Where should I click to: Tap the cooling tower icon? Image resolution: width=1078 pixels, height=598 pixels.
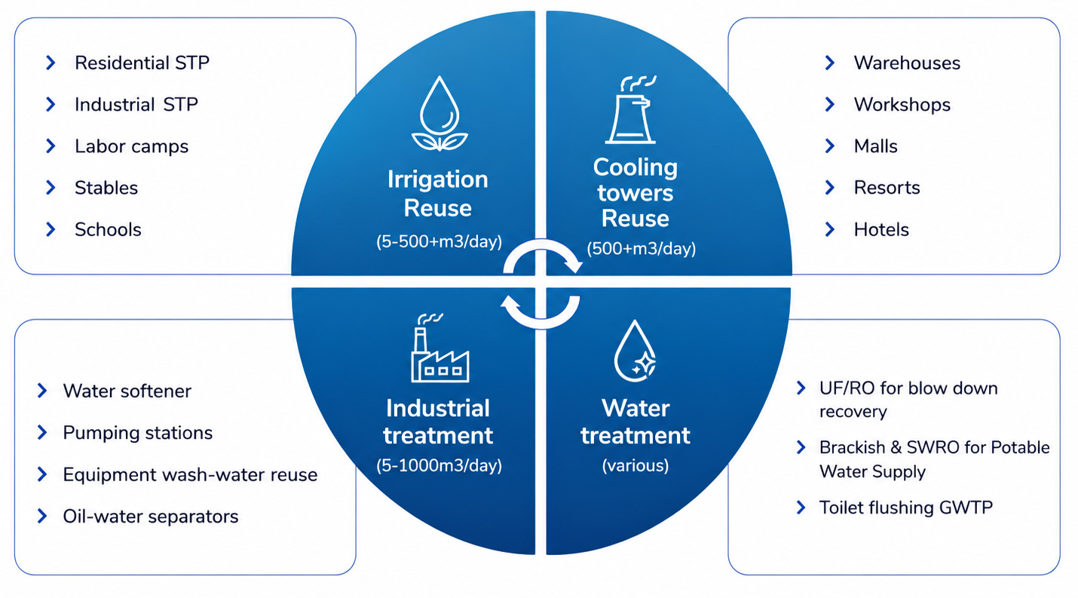631,110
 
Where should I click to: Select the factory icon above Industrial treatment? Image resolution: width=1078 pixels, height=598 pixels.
439,348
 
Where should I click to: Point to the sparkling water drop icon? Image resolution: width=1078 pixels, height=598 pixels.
635,351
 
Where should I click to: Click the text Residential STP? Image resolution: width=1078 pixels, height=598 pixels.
142,63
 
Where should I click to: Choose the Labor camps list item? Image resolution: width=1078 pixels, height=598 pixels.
131,146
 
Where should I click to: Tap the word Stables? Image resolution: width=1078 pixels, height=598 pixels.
106,188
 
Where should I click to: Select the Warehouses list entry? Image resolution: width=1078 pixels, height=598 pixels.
907,63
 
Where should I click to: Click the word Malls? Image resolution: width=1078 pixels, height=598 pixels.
875,146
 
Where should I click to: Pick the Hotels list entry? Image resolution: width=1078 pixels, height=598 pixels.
881,230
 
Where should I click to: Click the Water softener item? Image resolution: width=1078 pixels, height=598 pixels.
127,391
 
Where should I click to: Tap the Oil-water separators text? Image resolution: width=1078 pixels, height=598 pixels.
151,516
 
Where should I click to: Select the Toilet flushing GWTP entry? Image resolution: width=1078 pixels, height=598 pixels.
905,508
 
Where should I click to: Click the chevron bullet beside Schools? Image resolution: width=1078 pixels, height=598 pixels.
51,229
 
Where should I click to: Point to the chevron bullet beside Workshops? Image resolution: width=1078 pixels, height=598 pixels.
830,105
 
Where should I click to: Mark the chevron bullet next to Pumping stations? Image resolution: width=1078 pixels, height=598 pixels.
42,432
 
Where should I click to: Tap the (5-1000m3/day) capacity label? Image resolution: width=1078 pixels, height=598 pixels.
439,465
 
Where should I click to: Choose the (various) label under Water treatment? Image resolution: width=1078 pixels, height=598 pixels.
635,465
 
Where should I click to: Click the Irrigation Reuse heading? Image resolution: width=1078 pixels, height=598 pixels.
438,194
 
